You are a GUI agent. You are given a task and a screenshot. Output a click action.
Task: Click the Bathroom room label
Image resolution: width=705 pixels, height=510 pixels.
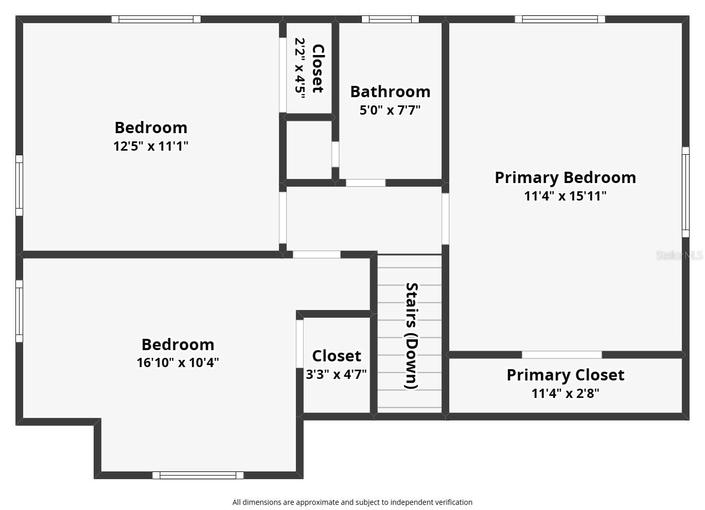390,92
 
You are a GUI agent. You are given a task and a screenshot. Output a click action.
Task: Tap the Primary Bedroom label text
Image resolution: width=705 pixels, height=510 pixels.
565,178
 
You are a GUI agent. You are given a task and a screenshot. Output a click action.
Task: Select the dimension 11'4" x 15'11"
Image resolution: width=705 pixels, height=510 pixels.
565,196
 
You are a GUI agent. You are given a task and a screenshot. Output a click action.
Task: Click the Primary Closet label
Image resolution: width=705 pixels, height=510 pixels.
565,375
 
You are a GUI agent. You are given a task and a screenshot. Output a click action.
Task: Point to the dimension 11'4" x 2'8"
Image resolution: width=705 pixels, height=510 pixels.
565,393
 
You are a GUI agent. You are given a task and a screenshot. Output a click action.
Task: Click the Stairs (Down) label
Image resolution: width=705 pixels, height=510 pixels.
411,336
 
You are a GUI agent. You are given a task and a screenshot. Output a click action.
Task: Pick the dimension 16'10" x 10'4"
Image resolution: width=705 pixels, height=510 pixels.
178,362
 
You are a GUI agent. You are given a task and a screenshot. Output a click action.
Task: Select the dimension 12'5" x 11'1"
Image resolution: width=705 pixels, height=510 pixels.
151,146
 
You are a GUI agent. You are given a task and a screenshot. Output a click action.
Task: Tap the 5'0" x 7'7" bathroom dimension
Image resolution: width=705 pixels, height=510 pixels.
390,111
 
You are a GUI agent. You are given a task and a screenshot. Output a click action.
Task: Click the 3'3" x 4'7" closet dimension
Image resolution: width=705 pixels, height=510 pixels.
336,374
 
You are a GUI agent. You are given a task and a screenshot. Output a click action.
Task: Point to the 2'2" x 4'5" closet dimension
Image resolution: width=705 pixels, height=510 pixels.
300,68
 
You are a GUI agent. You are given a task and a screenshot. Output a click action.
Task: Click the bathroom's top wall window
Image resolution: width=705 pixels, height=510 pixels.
390,19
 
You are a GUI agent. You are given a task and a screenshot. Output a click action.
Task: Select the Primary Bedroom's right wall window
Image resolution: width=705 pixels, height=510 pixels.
685,192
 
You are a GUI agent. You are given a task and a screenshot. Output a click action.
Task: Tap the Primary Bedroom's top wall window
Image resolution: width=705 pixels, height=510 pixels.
559,19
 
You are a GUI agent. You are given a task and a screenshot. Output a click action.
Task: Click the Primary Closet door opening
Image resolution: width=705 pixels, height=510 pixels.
562,355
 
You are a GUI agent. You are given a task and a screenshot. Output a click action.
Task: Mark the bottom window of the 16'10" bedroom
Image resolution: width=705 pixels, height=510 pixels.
198,475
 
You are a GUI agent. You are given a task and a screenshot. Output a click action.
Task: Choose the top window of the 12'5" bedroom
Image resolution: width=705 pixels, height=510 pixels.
156,19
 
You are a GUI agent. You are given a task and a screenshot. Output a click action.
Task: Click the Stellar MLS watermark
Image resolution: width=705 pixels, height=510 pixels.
680,255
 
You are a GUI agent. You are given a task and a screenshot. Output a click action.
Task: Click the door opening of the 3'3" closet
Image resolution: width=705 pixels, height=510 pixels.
299,343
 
